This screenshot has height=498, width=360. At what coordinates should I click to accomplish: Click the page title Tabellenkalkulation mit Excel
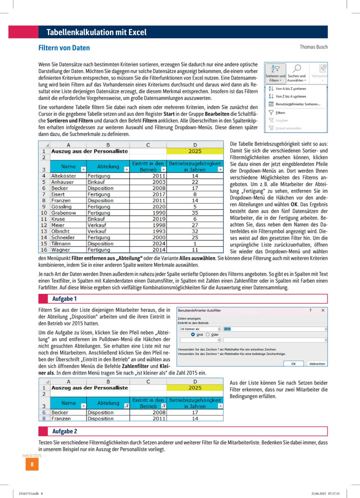(96, 32)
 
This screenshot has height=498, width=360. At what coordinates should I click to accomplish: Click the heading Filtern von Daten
(64, 48)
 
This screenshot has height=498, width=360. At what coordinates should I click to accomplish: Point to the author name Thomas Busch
(313, 47)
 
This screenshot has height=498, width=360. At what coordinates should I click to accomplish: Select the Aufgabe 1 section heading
(64, 299)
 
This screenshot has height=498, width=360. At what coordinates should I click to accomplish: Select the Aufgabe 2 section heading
(64, 431)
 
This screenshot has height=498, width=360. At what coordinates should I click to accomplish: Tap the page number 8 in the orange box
(31, 465)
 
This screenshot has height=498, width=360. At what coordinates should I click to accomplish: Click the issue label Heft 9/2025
(32, 456)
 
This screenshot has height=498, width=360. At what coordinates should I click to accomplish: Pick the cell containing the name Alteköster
(62, 176)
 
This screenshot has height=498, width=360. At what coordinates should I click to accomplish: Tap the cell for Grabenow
(62, 213)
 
